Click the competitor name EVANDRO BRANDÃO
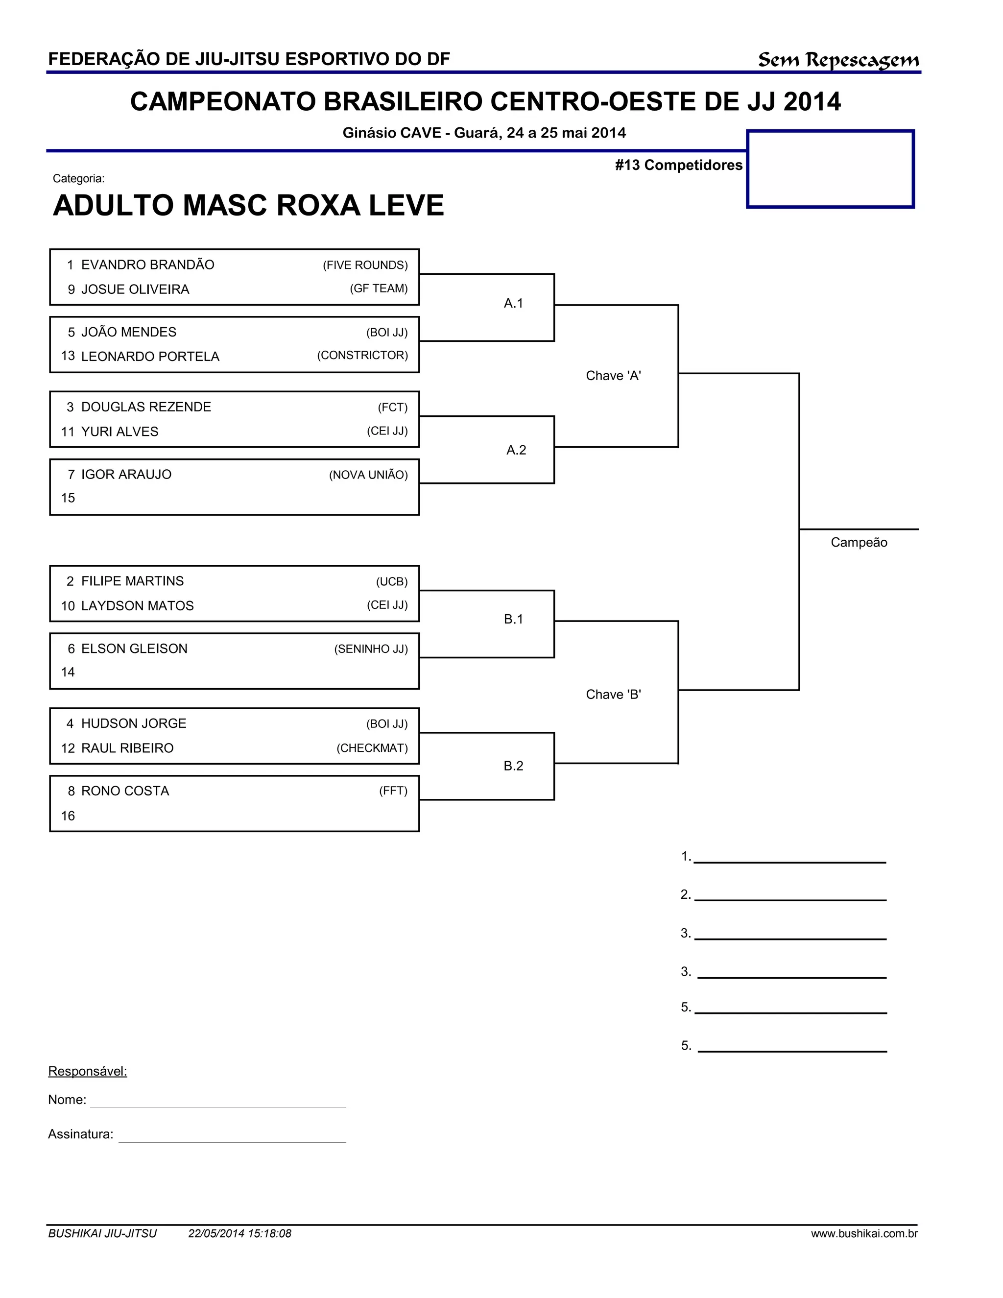point(147,265)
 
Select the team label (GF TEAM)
point(379,289)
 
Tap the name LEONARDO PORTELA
point(150,357)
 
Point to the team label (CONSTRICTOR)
point(362,356)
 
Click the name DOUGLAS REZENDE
point(145,407)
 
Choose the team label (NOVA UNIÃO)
point(368,475)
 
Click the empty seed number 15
point(69,498)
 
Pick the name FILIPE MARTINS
point(133,581)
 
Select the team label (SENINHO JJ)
point(371,649)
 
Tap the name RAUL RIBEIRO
point(127,748)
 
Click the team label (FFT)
point(393,791)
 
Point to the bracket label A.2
point(516,450)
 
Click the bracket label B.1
point(513,619)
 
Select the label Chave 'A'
point(613,376)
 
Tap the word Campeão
point(859,543)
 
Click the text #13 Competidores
point(679,165)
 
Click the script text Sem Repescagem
point(838,60)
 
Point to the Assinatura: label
point(80,1134)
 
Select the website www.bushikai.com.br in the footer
point(864,1233)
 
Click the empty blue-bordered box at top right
point(830,169)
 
